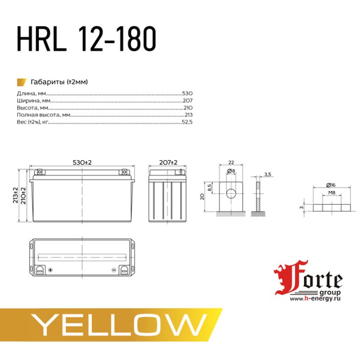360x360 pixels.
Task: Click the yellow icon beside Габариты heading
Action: click(22, 81)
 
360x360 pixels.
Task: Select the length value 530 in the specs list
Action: click(187, 93)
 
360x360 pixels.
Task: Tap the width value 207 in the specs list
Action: click(187, 100)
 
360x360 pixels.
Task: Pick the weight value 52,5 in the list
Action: click(187, 122)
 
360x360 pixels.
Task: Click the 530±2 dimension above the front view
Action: click(82, 162)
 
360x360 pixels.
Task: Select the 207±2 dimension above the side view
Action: click(168, 162)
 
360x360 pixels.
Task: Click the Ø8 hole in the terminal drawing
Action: click(230, 193)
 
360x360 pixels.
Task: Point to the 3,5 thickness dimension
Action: click(268, 174)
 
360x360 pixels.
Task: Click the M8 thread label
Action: click(332, 193)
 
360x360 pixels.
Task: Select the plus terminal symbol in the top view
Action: click(50, 270)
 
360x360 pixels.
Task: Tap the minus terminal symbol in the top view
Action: click(114, 270)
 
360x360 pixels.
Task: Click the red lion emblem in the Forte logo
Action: click(284, 280)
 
